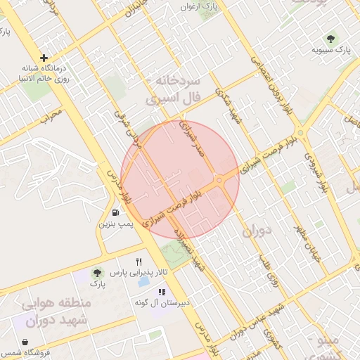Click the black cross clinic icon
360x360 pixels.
pos(44,58)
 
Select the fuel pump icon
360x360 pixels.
pos(115,212)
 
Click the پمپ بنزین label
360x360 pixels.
pos(115,224)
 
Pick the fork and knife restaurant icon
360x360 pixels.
pos(139,262)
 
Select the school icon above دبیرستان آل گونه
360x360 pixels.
pos(161,292)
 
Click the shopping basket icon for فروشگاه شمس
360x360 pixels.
pos(25,342)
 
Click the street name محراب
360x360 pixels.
pos(51,116)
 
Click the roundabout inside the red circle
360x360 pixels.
pos(219,181)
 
